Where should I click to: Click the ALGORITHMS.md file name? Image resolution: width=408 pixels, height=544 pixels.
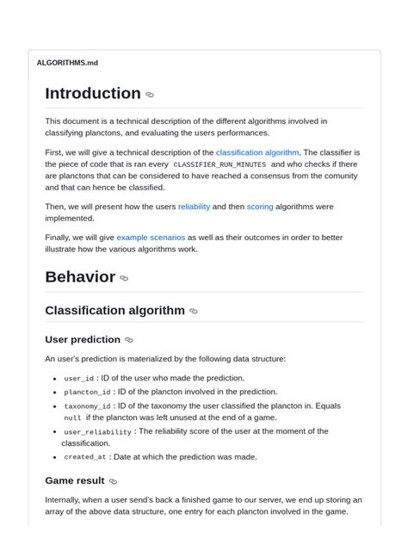tap(67, 63)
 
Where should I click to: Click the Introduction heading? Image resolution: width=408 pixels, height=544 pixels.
tap(93, 94)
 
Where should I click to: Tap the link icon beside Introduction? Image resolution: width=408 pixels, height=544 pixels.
tap(150, 96)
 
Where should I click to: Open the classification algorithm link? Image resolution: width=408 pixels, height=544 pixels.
tap(257, 152)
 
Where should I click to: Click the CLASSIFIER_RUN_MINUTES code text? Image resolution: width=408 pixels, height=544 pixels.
tap(219, 164)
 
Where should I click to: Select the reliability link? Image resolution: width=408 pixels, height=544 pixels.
tap(194, 207)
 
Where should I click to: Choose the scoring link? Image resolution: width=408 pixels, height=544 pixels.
tap(260, 207)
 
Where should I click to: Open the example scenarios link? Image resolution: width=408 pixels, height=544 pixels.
tap(151, 237)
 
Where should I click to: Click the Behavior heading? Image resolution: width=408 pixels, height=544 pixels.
tap(80, 277)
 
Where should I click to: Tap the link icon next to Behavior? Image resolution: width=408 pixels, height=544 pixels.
tap(124, 279)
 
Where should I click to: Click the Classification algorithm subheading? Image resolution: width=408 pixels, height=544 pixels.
tap(114, 311)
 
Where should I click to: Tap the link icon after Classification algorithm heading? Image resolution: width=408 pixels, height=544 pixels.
tap(193, 312)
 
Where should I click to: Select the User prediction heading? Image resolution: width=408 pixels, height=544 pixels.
tap(83, 340)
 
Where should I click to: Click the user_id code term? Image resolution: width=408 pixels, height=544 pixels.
tap(78, 379)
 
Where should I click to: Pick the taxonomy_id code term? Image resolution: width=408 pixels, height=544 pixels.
tap(87, 406)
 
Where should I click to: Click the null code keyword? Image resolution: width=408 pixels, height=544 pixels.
tap(72, 418)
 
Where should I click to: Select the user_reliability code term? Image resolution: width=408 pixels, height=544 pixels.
tap(97, 432)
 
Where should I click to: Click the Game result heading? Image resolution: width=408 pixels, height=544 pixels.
tap(75, 481)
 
